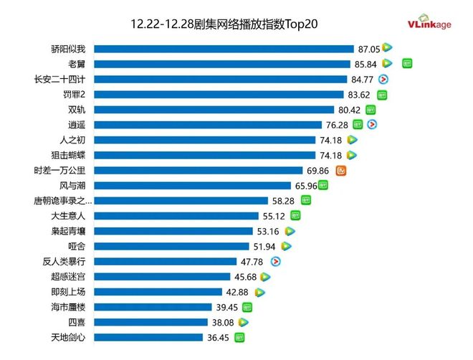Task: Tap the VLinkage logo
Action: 429,25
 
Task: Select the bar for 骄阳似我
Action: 224,49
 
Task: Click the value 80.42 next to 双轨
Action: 350,110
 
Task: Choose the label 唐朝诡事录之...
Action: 62,201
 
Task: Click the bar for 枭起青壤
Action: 173,231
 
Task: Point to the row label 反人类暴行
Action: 64,261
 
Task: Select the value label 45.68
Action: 247,277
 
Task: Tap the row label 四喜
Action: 76,322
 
